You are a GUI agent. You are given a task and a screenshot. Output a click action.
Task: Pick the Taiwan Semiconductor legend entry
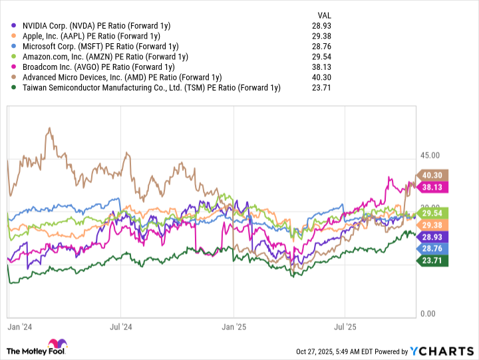click(x=150, y=87)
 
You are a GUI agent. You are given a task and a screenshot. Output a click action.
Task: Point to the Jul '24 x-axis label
click(x=120, y=327)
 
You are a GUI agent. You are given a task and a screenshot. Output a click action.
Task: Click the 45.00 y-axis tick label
click(x=431, y=156)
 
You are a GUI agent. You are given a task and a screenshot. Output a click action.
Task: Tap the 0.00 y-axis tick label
click(x=429, y=313)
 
